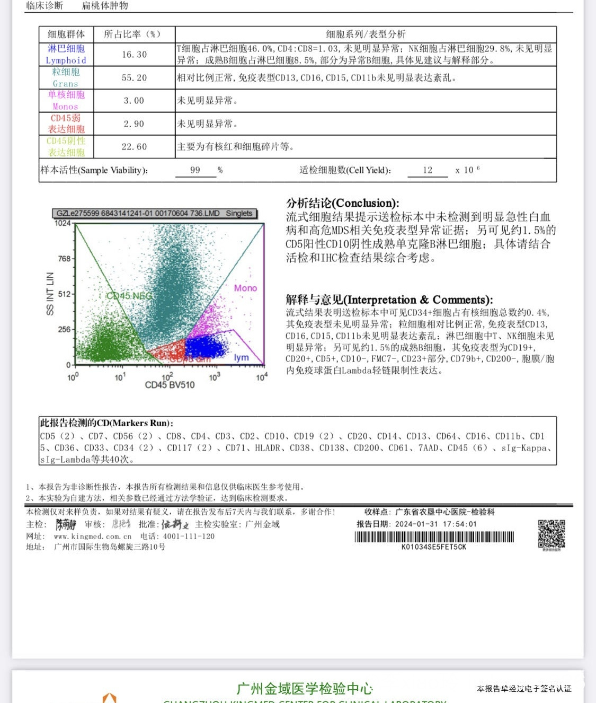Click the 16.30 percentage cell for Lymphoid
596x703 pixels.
(x=134, y=55)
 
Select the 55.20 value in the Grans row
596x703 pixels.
(x=134, y=78)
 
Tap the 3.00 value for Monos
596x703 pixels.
(x=134, y=101)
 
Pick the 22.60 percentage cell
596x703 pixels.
(x=134, y=147)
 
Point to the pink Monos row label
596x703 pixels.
(x=66, y=101)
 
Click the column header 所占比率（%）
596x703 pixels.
(x=132, y=34)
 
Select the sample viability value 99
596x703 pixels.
(x=195, y=170)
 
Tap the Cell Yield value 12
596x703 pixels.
(x=428, y=170)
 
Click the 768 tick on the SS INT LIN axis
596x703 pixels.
(x=64, y=259)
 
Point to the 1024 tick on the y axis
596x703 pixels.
(x=63, y=223)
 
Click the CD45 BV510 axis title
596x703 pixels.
(x=170, y=385)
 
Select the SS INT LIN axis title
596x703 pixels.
(x=50, y=294)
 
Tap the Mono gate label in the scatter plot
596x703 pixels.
(x=245, y=288)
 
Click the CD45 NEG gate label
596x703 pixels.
(x=129, y=296)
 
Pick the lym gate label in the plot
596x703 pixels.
(x=241, y=357)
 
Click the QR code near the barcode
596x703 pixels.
(x=551, y=534)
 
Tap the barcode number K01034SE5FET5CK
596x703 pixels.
(x=434, y=547)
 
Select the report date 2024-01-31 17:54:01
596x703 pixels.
(x=435, y=524)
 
